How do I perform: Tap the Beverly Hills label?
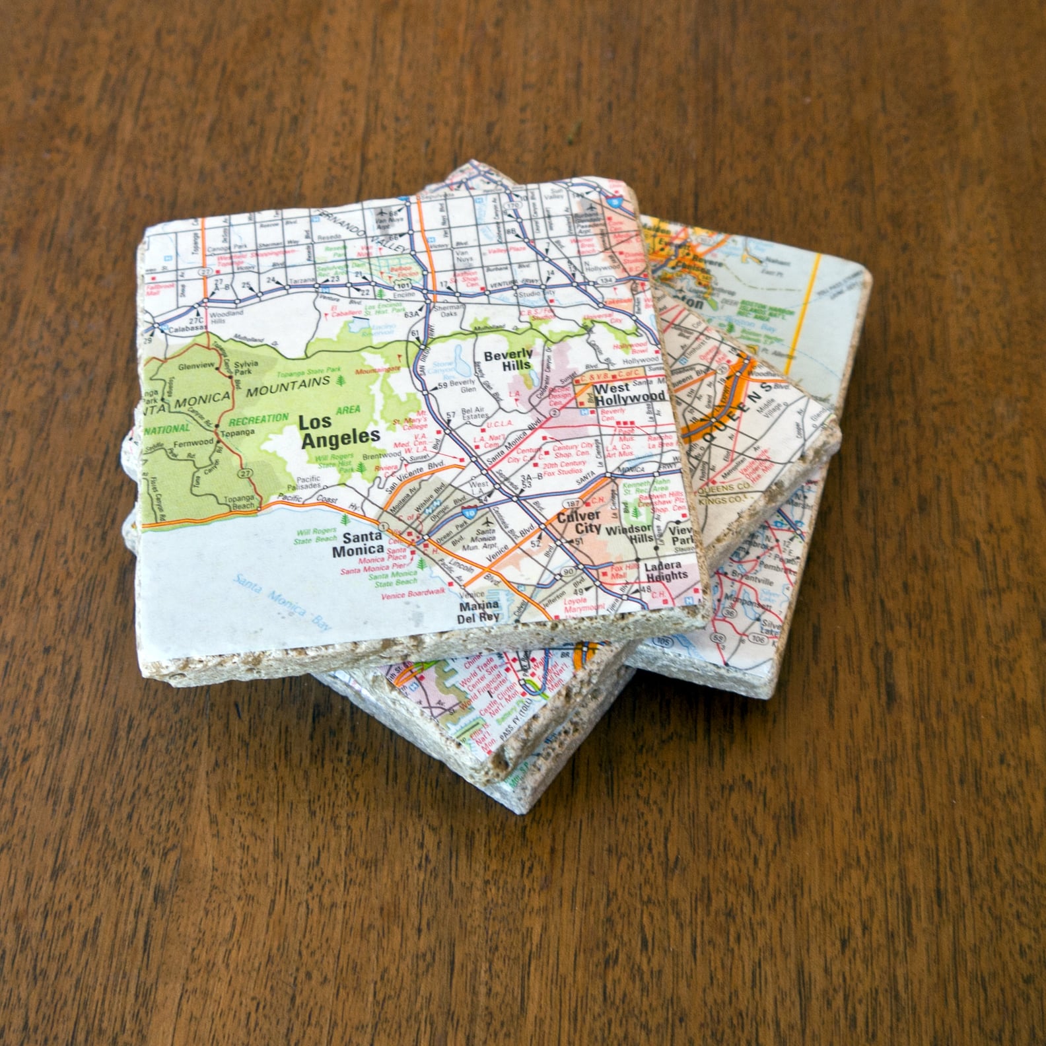click(x=508, y=360)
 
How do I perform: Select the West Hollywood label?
click(x=628, y=394)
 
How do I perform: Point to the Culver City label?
click(x=578, y=521)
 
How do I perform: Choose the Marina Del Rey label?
click(x=479, y=612)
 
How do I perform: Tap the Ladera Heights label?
click(x=666, y=571)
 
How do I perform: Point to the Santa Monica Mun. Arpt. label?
click(x=483, y=540)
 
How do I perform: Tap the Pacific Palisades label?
click(x=308, y=483)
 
